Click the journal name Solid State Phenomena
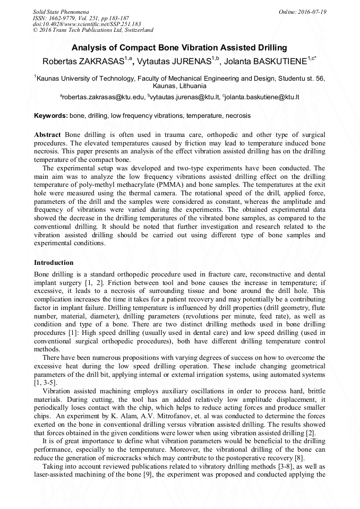pyautogui.click(x=61, y=11)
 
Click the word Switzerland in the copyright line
pyautogui.click(x=134, y=30)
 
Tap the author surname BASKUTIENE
pyautogui.click(x=277, y=62)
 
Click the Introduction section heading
pyautogui.click(x=54, y=263)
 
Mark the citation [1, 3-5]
pyautogui.click(x=46, y=383)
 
